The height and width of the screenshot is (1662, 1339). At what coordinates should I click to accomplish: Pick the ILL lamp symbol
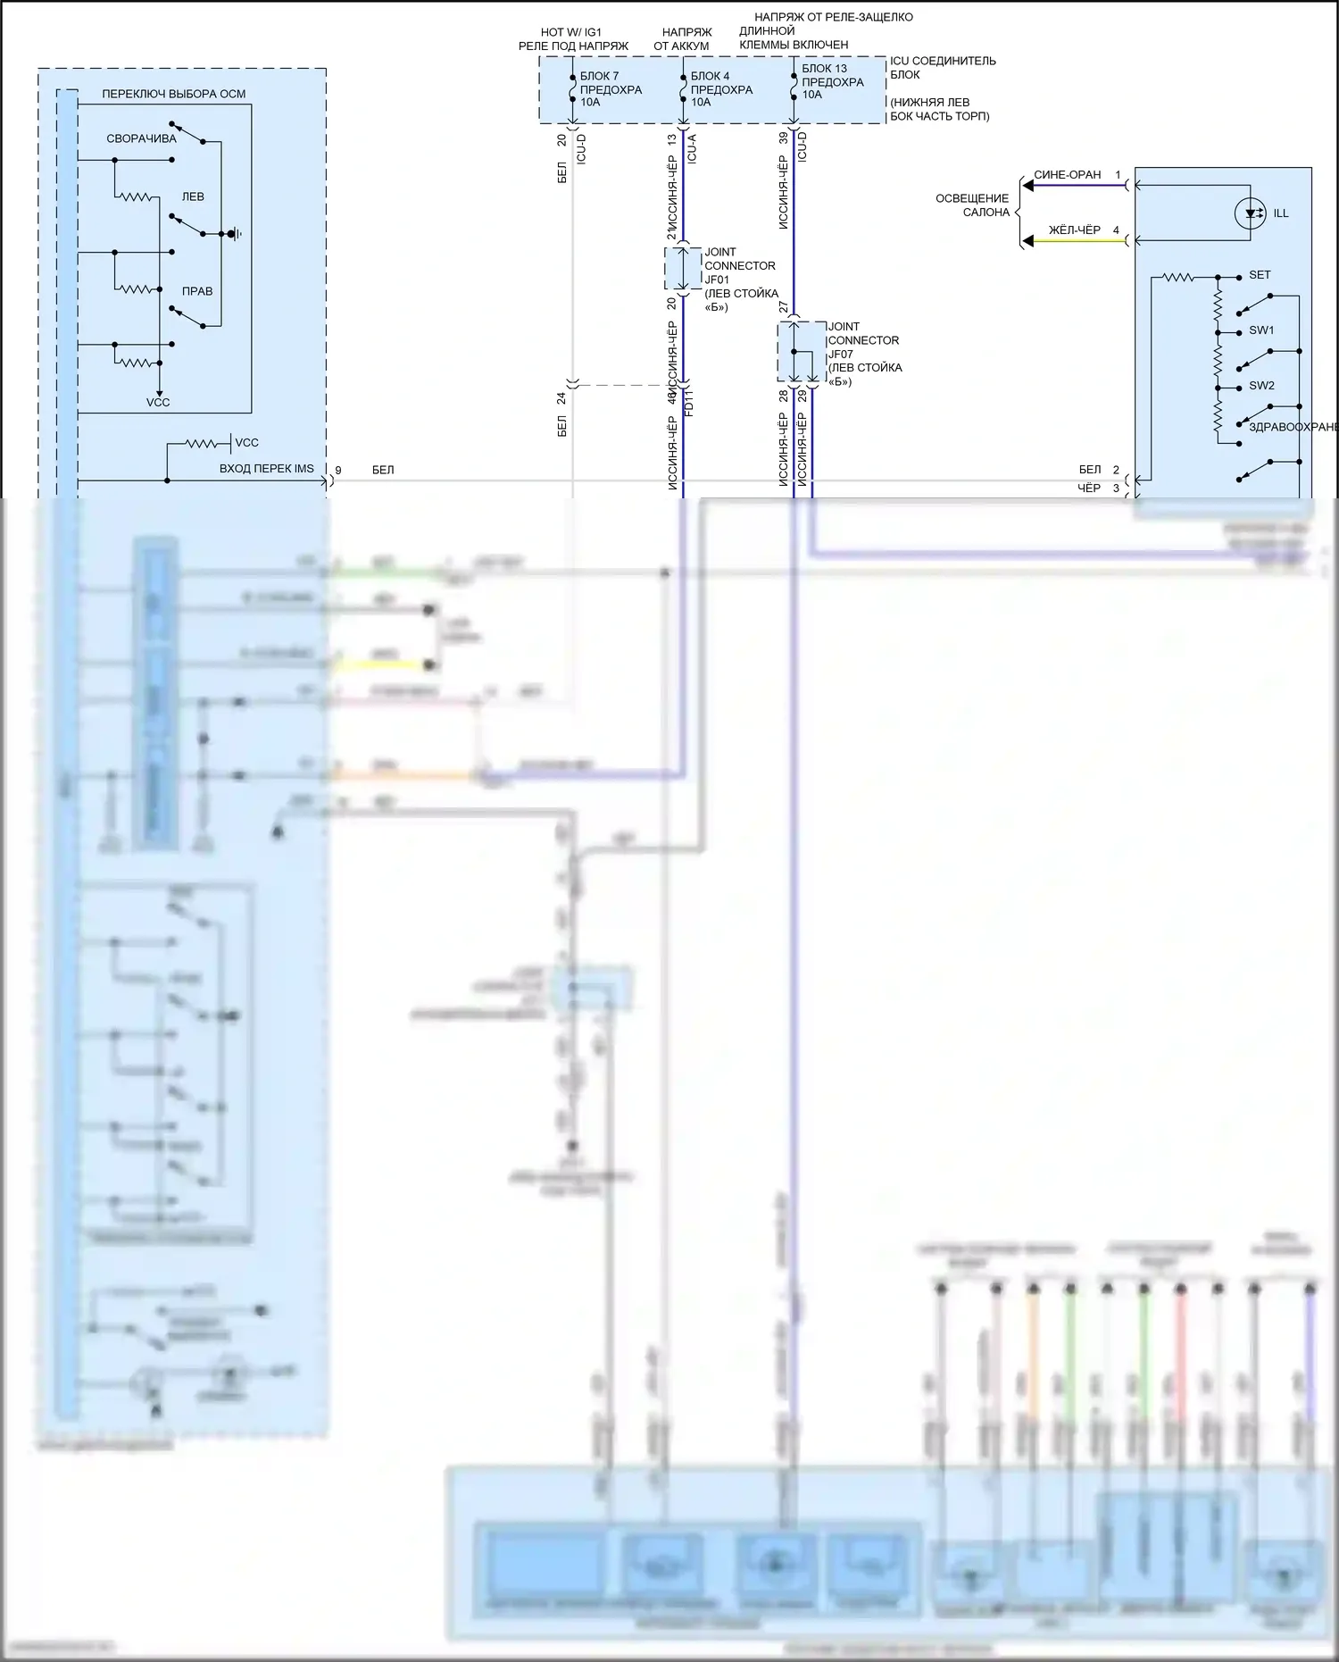(x=1250, y=213)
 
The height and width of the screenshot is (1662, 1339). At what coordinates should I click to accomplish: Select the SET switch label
(x=1260, y=275)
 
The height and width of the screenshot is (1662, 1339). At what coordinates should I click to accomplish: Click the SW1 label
(x=1261, y=330)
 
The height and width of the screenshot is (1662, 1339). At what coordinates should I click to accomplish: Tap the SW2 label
(x=1261, y=386)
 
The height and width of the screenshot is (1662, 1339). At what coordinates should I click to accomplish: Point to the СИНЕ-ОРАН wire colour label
(x=1067, y=175)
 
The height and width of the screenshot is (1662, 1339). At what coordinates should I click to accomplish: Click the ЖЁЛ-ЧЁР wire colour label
(x=1074, y=230)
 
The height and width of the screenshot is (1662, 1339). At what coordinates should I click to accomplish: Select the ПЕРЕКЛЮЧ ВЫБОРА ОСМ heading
(x=173, y=94)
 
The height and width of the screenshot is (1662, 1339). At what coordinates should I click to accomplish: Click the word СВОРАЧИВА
(x=141, y=138)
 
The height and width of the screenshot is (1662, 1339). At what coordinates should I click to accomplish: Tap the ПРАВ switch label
(x=197, y=291)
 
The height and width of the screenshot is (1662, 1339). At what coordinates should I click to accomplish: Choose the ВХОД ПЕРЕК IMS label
(x=266, y=469)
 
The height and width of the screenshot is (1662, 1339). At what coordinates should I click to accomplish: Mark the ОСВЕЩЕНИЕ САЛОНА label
(x=972, y=205)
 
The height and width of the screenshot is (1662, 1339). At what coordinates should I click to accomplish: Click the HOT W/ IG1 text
(x=571, y=32)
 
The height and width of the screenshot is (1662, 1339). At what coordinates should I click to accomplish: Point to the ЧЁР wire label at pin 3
(x=1089, y=489)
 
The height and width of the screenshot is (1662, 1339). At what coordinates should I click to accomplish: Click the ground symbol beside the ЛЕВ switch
(x=235, y=234)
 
